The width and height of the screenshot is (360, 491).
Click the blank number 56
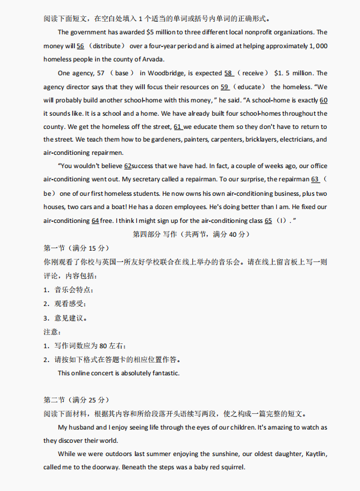pyautogui.click(x=80, y=46)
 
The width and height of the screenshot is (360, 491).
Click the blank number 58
pyautogui.click(x=229, y=73)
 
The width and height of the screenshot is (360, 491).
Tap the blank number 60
pyautogui.click(x=323, y=99)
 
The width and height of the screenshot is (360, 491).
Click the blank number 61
pyautogui.click(x=178, y=127)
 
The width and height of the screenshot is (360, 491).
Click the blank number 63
pyautogui.click(x=315, y=180)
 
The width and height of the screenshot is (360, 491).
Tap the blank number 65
pyautogui.click(x=268, y=220)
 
